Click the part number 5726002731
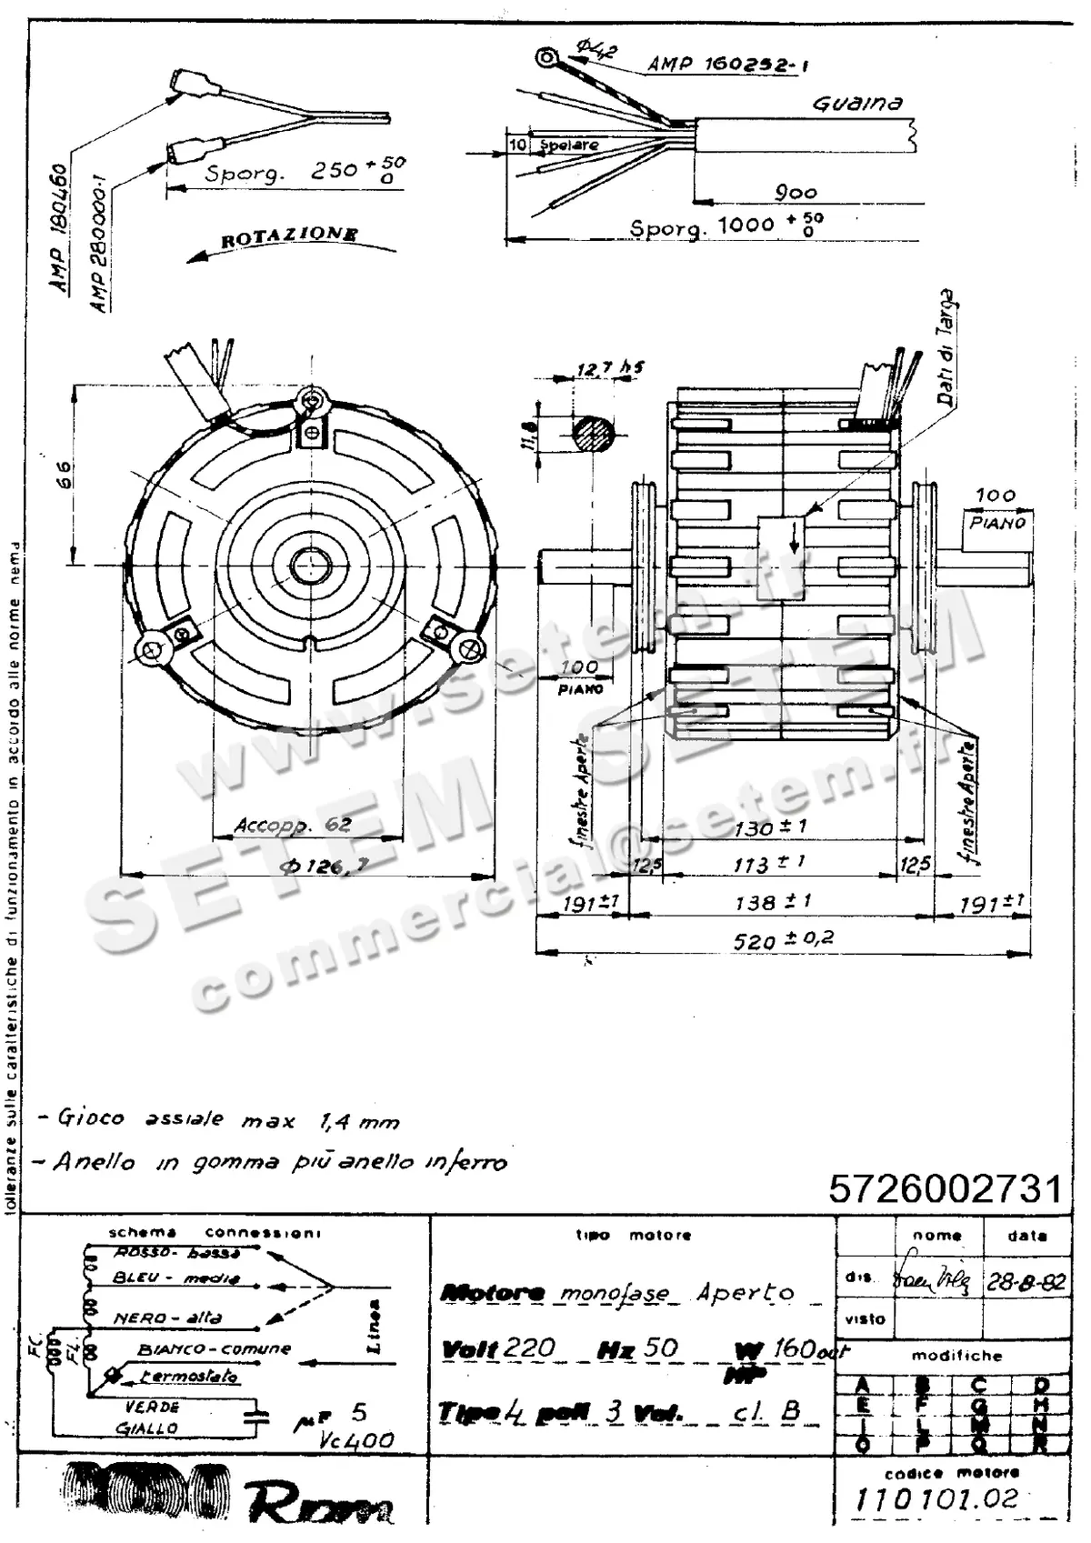945,1188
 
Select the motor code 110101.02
937,1499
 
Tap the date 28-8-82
1026,1281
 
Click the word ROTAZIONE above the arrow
289,236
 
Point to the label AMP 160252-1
726,64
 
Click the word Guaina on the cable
857,104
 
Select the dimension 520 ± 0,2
783,939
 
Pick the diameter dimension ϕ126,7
325,867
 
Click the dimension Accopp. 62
293,826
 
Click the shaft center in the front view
311,566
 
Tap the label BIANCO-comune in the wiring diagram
215,1349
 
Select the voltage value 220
529,1347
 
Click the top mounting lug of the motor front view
313,400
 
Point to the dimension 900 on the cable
795,192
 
